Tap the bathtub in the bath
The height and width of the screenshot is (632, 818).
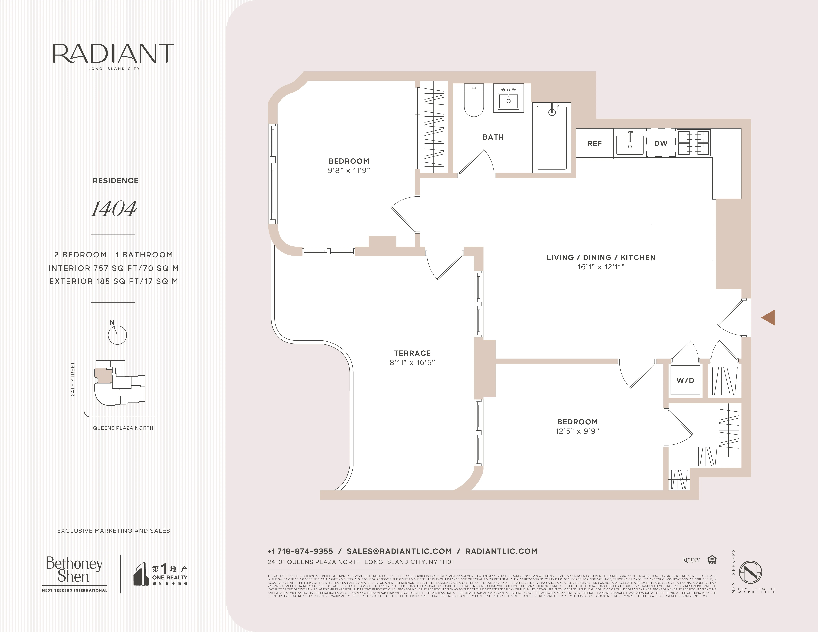coord(552,137)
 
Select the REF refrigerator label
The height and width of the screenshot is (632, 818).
coord(594,143)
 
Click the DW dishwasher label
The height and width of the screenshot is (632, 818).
coord(661,143)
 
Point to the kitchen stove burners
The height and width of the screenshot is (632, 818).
coord(693,143)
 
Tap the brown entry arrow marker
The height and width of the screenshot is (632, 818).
coord(769,317)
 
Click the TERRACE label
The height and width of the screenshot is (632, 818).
coord(412,353)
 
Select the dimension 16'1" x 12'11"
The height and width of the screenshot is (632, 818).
coord(601,267)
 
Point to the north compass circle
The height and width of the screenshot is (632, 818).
coord(117,335)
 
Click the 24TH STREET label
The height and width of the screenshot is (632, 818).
coord(73,379)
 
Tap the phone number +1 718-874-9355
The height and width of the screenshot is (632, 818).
coord(300,551)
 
